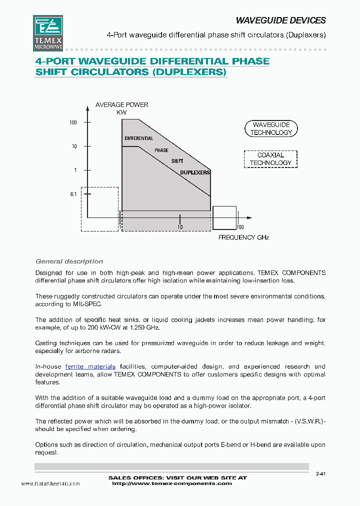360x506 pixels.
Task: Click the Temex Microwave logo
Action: [47, 32]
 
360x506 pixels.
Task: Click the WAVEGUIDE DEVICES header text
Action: [280, 20]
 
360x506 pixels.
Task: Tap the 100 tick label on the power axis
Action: [73, 122]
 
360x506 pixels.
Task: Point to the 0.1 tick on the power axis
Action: [74, 194]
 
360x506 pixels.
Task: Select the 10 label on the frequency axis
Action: [180, 227]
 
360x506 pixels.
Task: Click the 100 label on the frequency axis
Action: [240, 227]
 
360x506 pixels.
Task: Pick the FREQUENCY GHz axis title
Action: [243, 237]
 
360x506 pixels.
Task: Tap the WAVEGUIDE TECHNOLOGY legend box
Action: [271, 128]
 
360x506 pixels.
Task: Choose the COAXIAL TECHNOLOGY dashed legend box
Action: [270, 159]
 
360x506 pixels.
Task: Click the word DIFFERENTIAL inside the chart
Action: [138, 138]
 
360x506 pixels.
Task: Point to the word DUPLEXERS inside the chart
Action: [195, 172]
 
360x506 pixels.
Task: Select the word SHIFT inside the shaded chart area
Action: [177, 161]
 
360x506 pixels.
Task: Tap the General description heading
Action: [69, 261]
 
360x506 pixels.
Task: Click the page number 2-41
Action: [320, 474]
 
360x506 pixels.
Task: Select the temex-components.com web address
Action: [172, 483]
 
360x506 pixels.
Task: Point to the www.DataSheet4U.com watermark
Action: [50, 483]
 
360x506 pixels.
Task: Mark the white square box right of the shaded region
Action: [224, 217]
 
